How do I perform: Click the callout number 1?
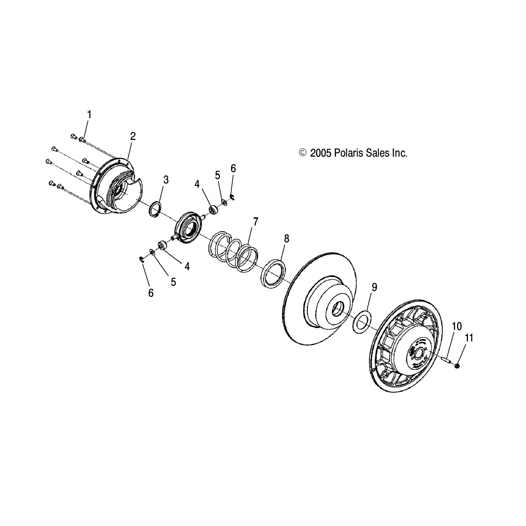[x=89, y=115]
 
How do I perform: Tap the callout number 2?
[x=133, y=136]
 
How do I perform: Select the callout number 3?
[x=166, y=180]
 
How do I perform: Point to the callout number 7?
[x=256, y=222]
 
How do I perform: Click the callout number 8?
[x=286, y=239]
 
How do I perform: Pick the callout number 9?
[x=375, y=287]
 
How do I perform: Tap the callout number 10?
[x=457, y=326]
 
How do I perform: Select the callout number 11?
[x=469, y=338]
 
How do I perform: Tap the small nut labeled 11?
[x=457, y=366]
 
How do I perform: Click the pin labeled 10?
[x=447, y=360]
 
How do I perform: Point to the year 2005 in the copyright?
[x=321, y=153]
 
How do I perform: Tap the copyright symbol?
[x=302, y=153]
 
